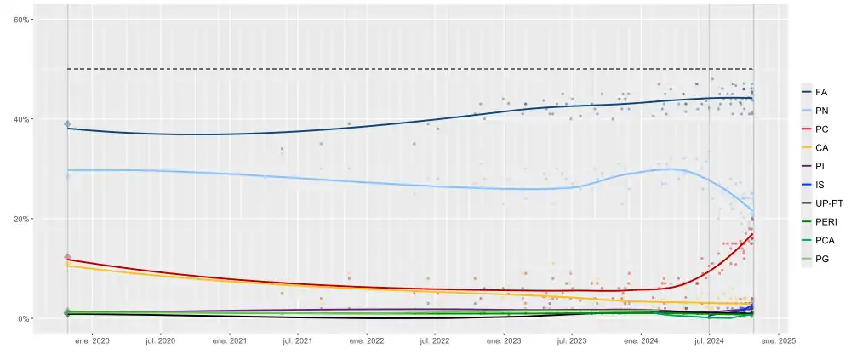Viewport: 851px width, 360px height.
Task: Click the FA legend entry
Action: pos(820,92)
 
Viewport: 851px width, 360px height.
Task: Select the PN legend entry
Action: pos(820,111)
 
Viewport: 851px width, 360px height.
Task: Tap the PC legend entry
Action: pos(820,129)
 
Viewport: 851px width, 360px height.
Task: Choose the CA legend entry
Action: pos(820,148)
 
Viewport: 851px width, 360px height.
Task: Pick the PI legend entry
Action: pos(820,167)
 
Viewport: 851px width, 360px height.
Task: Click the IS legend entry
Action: pos(820,186)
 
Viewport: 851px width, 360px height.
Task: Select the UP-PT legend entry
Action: pos(827,204)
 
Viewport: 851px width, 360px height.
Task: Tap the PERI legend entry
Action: pos(824,223)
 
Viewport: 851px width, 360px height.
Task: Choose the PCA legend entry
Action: pos(822,242)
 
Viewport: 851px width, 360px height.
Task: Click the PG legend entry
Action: pos(820,260)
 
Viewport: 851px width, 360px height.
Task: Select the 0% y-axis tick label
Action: pos(22,319)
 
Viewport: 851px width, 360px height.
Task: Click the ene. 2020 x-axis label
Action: pos(92,341)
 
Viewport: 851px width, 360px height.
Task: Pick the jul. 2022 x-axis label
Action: pos(435,341)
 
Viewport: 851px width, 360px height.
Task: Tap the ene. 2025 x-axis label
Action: pos(778,341)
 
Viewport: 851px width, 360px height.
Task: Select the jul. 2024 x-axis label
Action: pos(709,341)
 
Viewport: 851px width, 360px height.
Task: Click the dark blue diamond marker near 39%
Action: pos(68,124)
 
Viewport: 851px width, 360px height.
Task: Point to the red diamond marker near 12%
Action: pos(68,258)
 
